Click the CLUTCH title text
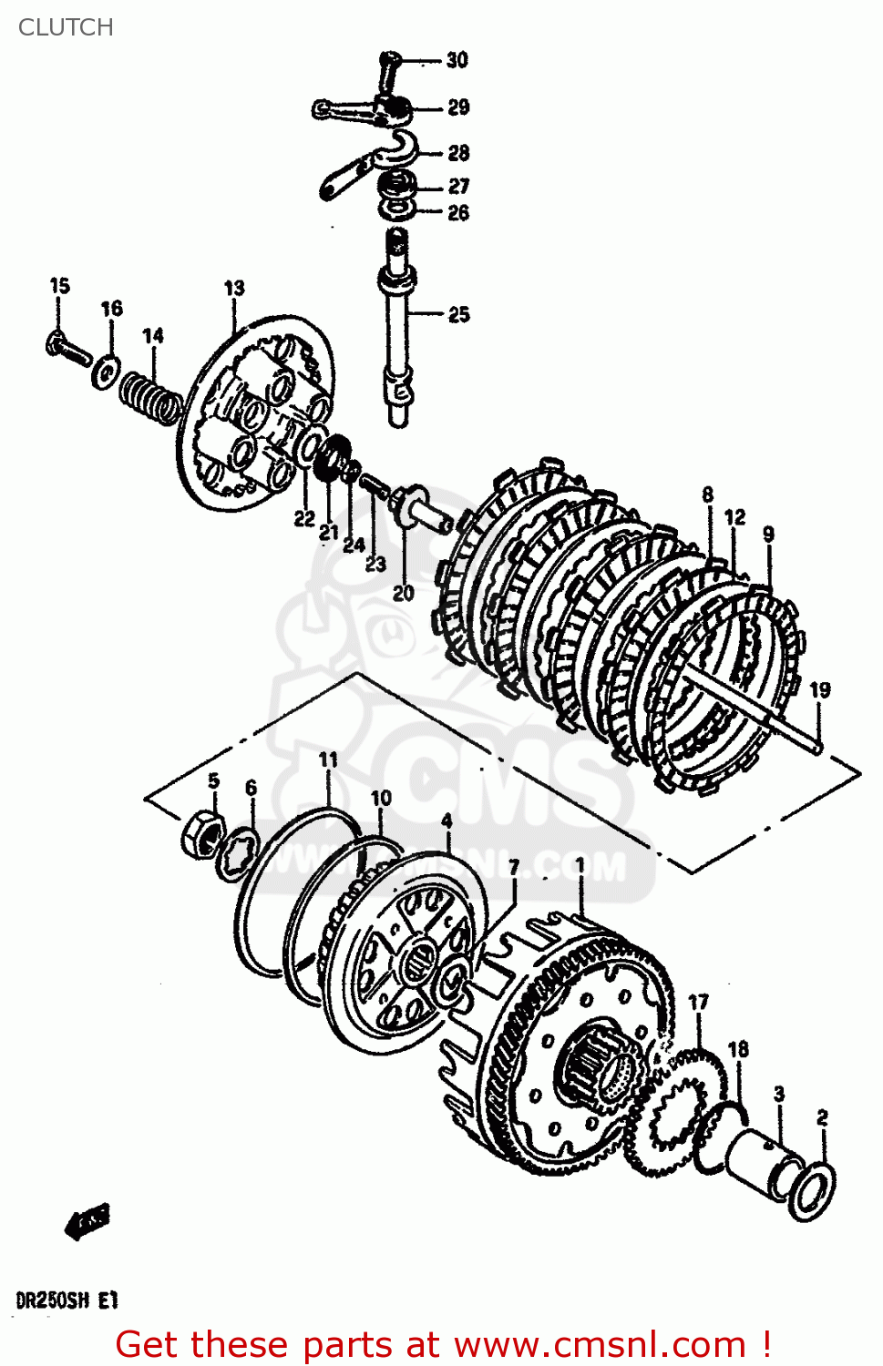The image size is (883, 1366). [66, 27]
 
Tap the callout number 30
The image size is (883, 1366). [457, 60]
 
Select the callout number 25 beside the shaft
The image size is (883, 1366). [459, 315]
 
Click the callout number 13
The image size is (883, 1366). [234, 288]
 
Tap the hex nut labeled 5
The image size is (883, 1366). [205, 832]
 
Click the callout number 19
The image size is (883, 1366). [820, 690]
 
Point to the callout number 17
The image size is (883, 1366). [698, 1003]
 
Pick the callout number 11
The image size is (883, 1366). [328, 759]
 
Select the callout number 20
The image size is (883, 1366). [403, 593]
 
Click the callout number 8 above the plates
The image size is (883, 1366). [708, 494]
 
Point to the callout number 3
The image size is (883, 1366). [779, 1094]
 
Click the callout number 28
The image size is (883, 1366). [458, 153]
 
